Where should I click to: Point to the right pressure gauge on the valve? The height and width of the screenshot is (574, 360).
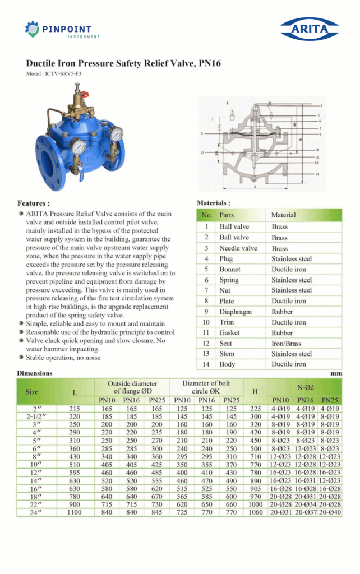tap(117, 134)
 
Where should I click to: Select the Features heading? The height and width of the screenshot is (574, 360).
tap(34, 203)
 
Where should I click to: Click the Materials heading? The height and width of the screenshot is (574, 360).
tap(213, 203)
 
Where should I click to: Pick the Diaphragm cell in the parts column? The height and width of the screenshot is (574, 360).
tap(236, 312)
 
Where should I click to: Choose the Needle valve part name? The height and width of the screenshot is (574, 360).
tap(238, 248)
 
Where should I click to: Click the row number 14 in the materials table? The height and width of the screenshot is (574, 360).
tap(206, 364)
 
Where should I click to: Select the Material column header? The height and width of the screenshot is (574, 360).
tap(284, 215)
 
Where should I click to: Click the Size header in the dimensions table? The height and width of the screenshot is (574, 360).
tap(32, 392)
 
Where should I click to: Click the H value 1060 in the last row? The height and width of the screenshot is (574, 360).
tap(255, 512)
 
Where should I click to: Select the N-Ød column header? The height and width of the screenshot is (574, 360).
tap(305, 387)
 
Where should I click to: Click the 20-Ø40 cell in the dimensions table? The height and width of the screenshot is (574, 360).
tap(330, 512)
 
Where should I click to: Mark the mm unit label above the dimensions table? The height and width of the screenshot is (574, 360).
tap(336, 373)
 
